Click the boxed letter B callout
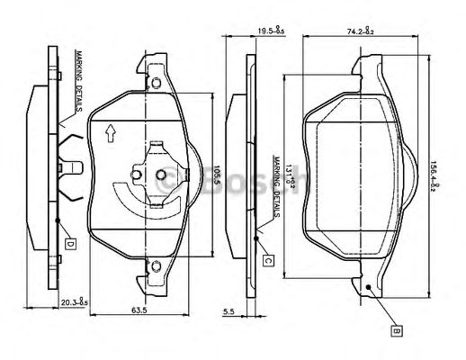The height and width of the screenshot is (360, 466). tap(395, 330)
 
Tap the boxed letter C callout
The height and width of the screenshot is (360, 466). tap(268, 260)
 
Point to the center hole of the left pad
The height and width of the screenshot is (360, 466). tap(162, 175)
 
